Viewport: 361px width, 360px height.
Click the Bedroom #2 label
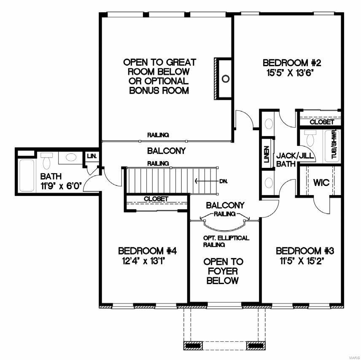point(292,63)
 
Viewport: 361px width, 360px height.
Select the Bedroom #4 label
point(147,251)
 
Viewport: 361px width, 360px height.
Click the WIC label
point(321,184)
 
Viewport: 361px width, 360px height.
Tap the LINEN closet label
point(266,154)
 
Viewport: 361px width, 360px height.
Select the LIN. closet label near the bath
point(92,156)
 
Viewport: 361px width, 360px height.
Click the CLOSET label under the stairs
point(156,199)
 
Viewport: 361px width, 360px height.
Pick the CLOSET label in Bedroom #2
point(322,122)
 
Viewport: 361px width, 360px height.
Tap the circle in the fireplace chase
point(226,78)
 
